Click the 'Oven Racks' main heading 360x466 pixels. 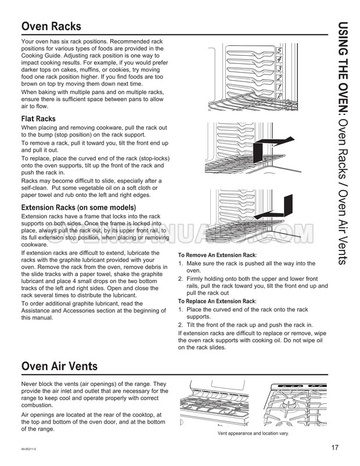click(x=51, y=27)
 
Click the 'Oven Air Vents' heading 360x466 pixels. click(x=59, y=367)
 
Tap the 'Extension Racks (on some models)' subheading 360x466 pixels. click(x=78, y=207)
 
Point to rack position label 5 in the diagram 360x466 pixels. click(x=279, y=50)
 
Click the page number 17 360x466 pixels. click(x=335, y=447)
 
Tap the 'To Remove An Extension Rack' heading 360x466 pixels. click(x=217, y=255)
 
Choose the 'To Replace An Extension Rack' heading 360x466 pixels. click(x=217, y=301)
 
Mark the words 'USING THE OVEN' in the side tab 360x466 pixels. click(x=343, y=69)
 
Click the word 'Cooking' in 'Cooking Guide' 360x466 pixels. click(x=34, y=57)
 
